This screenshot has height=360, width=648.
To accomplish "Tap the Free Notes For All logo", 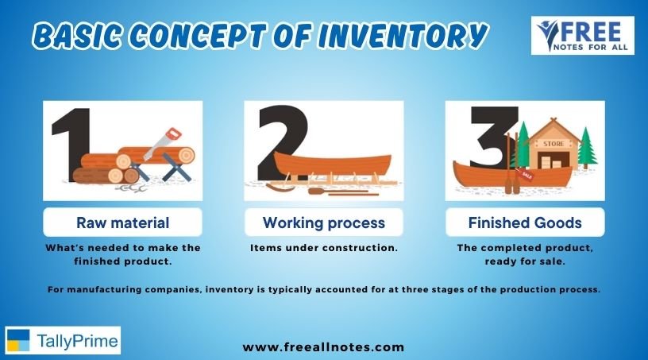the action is (x=582, y=36).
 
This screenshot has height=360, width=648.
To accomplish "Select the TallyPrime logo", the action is (x=63, y=340).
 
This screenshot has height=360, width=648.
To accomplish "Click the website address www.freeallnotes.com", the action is (x=323, y=346).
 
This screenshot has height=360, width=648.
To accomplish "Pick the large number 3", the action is (x=493, y=137).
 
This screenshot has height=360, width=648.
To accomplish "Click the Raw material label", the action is (x=123, y=223).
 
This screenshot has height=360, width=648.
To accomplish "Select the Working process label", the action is (x=323, y=223).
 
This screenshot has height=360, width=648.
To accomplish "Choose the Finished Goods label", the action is (x=525, y=223).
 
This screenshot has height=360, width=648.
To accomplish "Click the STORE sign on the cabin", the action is (x=553, y=144).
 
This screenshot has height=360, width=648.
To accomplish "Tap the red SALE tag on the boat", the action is (x=525, y=174).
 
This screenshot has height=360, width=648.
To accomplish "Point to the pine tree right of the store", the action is (x=587, y=147).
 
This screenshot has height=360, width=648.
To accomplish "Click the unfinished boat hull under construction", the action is (x=333, y=163).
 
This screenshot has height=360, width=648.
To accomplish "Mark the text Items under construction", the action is (x=323, y=248).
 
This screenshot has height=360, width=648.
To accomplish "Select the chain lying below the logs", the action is (x=130, y=188).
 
